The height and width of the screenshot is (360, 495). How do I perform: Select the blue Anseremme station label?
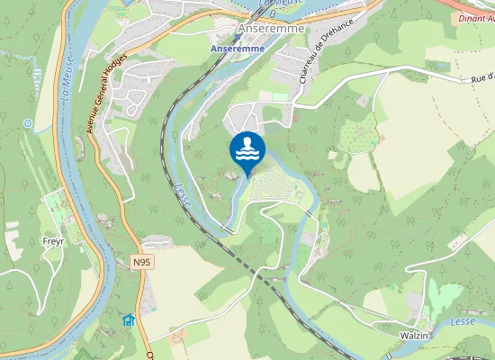[x=238, y=47]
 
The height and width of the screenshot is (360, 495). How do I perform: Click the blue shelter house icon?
[x=128, y=319]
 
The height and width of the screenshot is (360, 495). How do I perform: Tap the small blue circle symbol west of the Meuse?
[x=29, y=122]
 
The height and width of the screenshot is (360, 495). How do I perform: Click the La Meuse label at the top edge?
[x=274, y=4]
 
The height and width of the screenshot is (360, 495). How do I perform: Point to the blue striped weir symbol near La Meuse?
[x=37, y=76]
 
